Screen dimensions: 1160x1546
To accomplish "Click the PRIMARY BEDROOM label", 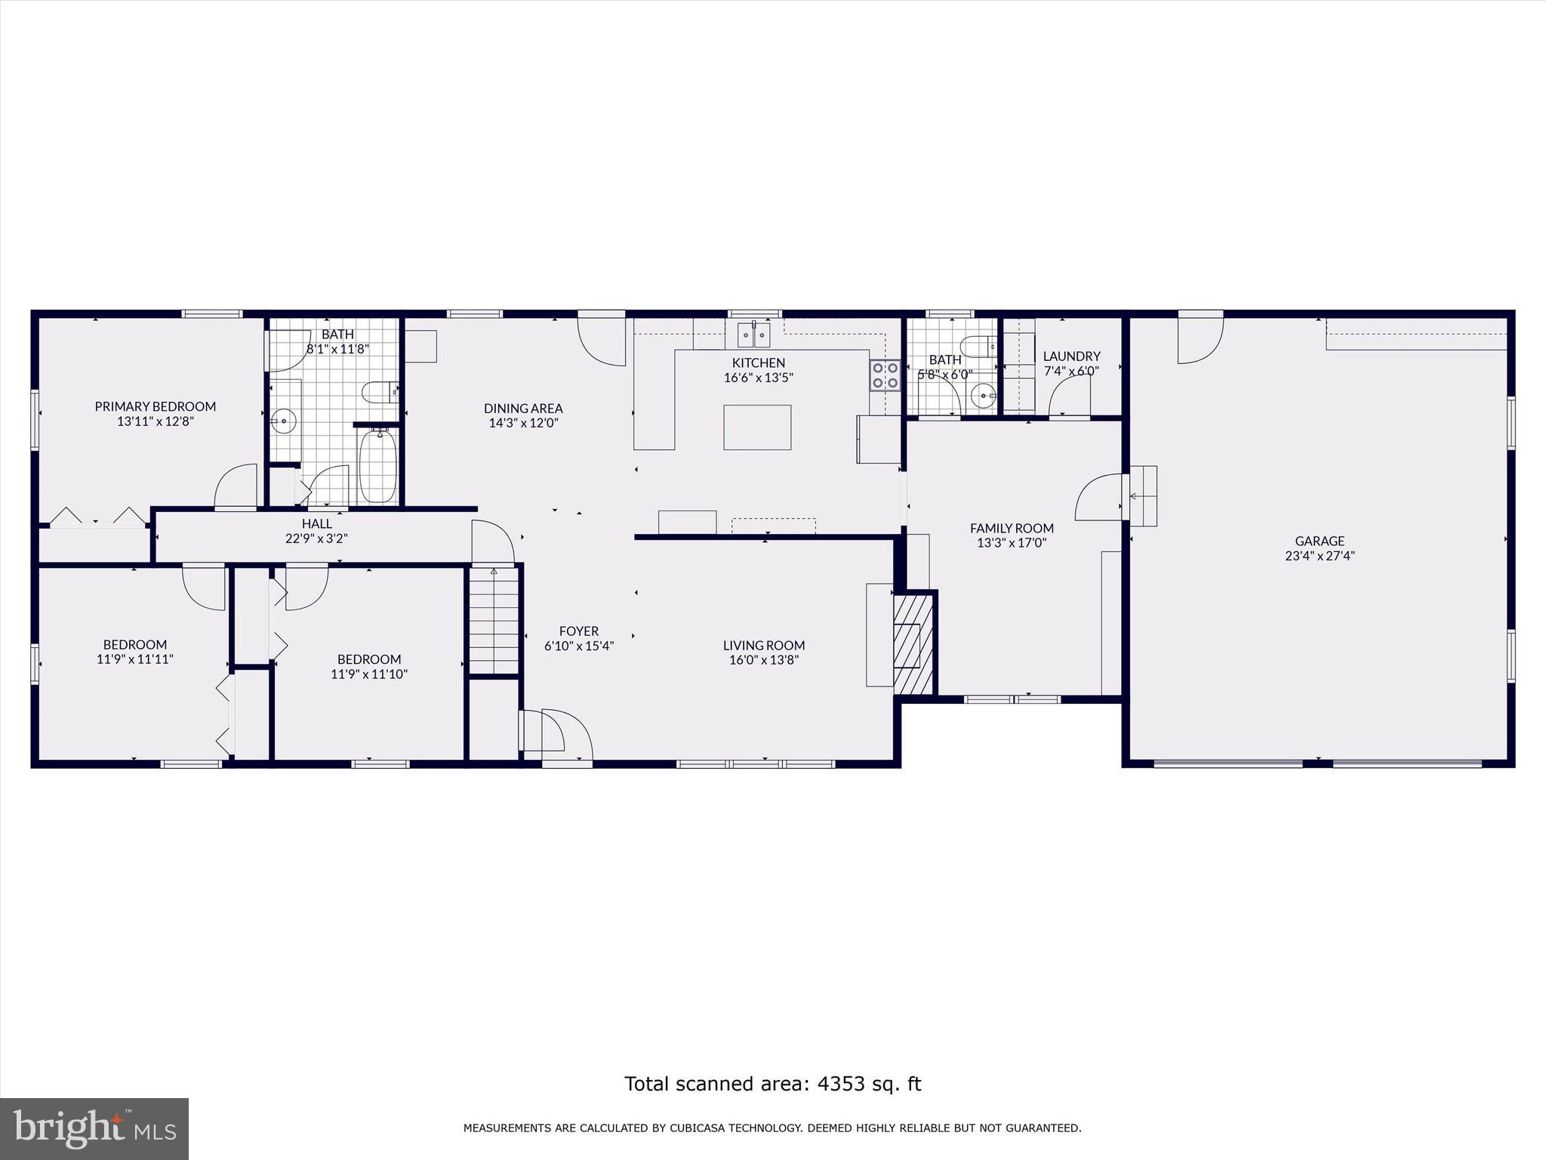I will coord(155,406).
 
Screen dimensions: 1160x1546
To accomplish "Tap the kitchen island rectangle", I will coord(757,427).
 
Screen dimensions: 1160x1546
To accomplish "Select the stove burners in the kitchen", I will coord(885,375).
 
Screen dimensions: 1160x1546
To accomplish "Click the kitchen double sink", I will coord(754,333).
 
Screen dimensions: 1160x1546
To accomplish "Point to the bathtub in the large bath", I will coord(378,466).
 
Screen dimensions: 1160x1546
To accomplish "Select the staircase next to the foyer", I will coord(494,621).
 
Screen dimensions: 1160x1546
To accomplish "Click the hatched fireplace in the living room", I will coord(913,644).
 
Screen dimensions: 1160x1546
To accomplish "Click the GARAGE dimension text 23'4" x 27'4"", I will coord(1320,556).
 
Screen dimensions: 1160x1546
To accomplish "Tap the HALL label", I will coord(316,523).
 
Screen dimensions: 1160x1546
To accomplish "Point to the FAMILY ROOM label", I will coord(1012,528).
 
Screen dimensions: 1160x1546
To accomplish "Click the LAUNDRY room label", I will coord(1071,356).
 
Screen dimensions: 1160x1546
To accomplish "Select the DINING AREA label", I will coord(523,409).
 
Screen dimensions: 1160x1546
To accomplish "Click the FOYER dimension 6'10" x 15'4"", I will coord(579,646).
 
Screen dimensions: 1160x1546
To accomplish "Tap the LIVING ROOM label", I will coord(764,645).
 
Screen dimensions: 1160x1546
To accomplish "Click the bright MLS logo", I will coord(94,1129).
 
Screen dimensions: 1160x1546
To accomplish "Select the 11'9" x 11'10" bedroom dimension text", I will coord(369,674).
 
